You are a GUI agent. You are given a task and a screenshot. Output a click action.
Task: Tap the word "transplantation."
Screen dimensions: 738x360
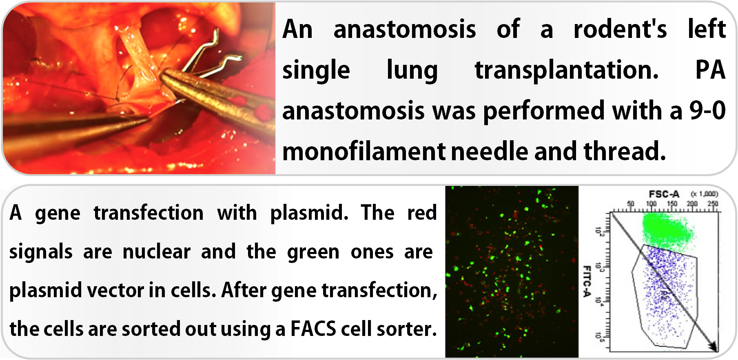(567, 70)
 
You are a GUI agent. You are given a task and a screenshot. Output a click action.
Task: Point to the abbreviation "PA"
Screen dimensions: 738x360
(710, 70)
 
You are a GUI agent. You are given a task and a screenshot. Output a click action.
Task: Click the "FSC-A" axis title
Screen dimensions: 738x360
(664, 194)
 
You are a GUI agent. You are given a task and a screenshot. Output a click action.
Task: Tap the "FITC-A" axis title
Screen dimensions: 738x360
(587, 281)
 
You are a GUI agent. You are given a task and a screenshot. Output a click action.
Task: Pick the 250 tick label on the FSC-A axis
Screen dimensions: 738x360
(713, 203)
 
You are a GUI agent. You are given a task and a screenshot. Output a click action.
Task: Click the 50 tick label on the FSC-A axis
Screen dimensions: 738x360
(631, 203)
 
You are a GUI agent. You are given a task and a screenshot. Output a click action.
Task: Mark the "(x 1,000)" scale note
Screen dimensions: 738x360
(704, 194)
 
